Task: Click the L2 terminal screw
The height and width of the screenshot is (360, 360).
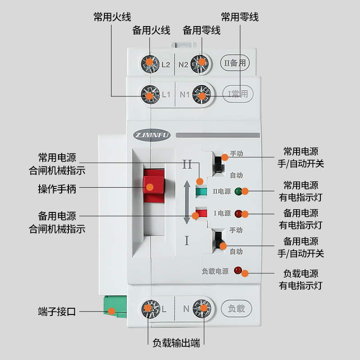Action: (x=149, y=63)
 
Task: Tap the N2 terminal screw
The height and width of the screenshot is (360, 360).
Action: (x=201, y=63)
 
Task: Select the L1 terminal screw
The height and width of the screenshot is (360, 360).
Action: (x=149, y=94)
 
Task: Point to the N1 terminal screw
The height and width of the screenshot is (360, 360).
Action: (x=201, y=94)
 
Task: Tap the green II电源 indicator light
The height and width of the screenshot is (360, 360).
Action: (x=239, y=191)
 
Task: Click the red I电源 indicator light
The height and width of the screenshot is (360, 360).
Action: (x=239, y=213)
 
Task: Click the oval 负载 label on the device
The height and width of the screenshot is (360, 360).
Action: (x=237, y=309)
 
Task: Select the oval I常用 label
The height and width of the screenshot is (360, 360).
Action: (x=238, y=94)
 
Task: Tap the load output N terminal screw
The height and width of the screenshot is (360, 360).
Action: (x=202, y=309)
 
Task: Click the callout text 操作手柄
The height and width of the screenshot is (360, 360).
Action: (x=57, y=189)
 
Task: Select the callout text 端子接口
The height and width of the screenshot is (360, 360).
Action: (x=57, y=311)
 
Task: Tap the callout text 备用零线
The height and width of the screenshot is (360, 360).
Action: (x=202, y=31)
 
